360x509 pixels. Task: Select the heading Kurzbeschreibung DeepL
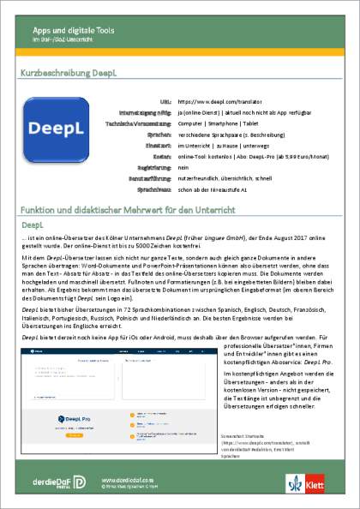click(x=68, y=75)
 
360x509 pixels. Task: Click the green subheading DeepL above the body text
click(x=32, y=224)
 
